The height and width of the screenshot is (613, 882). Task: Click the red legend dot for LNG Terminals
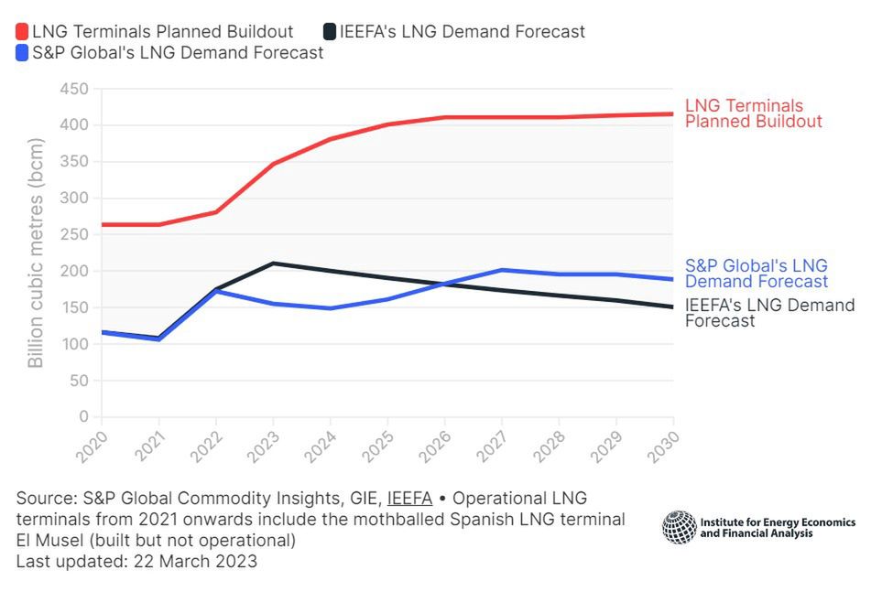[x=23, y=32]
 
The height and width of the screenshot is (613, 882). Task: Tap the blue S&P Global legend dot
[x=23, y=53]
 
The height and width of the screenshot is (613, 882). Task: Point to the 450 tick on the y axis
[x=73, y=89]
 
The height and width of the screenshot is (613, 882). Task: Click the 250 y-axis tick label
[x=73, y=235]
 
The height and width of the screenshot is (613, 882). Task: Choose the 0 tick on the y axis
[x=83, y=417]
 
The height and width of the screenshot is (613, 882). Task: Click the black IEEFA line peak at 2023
[x=273, y=263]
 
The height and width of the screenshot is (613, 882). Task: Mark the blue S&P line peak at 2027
[x=502, y=270]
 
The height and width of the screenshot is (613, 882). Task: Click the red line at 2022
[x=216, y=212]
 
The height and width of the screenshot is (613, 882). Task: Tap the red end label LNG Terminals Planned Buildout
[x=753, y=113]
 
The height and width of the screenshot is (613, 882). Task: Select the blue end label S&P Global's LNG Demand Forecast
[x=757, y=274]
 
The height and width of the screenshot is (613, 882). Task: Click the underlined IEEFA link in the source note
[x=409, y=499]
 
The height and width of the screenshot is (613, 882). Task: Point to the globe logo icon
[x=679, y=527]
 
